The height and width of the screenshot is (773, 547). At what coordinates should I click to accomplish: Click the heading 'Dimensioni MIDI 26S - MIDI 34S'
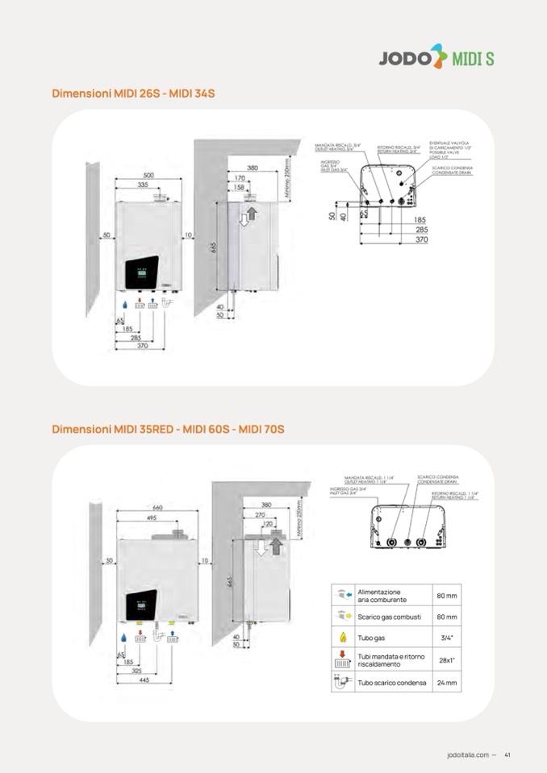[x=133, y=94]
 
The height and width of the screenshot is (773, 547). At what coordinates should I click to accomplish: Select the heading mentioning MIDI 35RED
[x=168, y=429]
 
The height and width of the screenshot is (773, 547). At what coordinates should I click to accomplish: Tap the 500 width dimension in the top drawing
[x=149, y=175]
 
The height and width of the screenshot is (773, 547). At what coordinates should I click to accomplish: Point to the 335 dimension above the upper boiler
[x=142, y=185]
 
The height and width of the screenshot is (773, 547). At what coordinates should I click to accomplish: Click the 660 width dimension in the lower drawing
[x=157, y=507]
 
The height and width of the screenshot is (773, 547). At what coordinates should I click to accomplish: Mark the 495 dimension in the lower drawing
[x=151, y=518]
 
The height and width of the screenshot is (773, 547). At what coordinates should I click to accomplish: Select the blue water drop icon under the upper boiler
[x=125, y=306]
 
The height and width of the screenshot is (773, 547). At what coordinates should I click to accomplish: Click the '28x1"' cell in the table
[x=447, y=660]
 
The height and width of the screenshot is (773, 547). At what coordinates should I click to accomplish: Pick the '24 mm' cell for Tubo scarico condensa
[x=447, y=683]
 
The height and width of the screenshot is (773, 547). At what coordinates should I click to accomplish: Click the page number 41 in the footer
[x=507, y=754]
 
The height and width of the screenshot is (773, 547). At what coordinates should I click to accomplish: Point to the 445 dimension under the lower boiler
[x=144, y=679]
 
